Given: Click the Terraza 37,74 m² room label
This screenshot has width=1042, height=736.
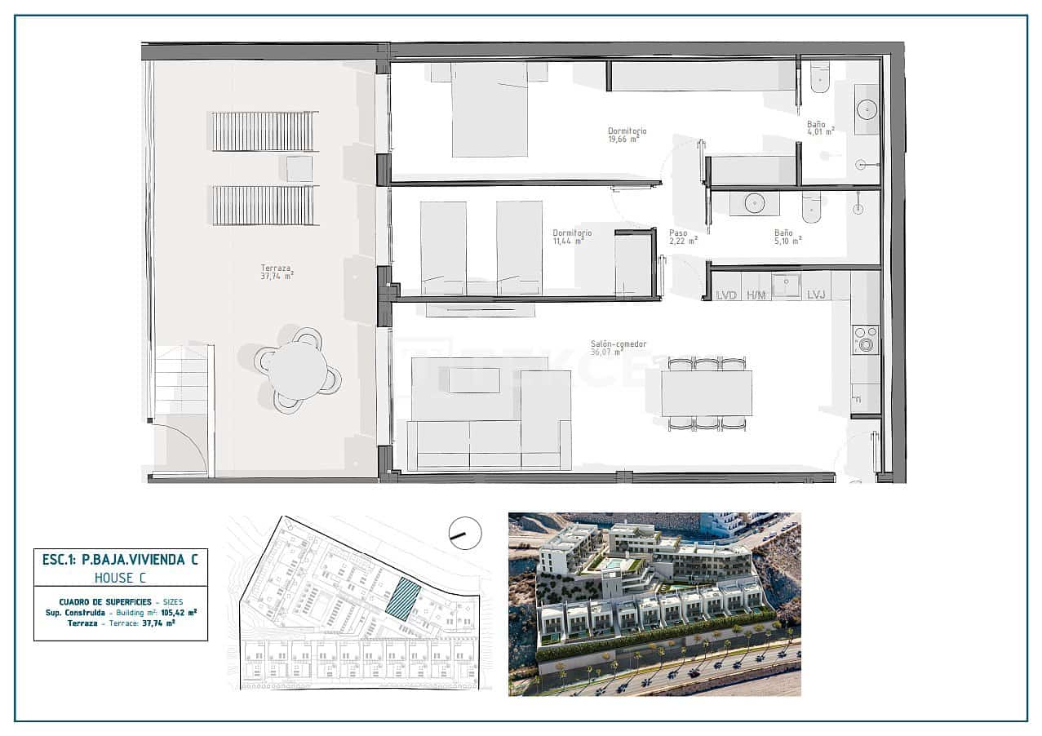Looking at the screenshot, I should coord(277,272).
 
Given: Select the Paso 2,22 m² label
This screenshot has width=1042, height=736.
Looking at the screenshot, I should coord(683,237).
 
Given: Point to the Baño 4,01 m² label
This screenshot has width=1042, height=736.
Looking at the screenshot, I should coord(819,127).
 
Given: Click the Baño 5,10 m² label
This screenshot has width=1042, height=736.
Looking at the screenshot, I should coord(787,237).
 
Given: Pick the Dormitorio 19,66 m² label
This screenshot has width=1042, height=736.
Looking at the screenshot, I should coord(627,135).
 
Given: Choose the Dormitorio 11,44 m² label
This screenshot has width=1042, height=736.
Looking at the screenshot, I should coord(571,237).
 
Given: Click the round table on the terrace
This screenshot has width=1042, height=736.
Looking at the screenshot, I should coord(298,370).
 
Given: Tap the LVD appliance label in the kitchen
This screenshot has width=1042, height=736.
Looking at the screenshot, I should coord(726,295).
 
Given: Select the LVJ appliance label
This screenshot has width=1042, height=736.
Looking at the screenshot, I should coord(817,295).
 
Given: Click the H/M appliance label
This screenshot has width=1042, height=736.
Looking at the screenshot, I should coord(756,295).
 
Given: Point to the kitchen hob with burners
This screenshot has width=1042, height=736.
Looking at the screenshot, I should coord(865,339).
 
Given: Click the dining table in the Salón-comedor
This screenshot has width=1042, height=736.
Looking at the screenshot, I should coord(706,393).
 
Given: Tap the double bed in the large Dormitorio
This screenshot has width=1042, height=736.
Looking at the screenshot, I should coord(490,110).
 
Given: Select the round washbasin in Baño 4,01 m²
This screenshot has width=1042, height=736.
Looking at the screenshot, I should coord(867,109).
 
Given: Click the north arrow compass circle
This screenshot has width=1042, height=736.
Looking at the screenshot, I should coord(465,534).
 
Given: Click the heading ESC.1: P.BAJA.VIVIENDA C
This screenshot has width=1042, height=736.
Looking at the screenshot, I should coord(120,559).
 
